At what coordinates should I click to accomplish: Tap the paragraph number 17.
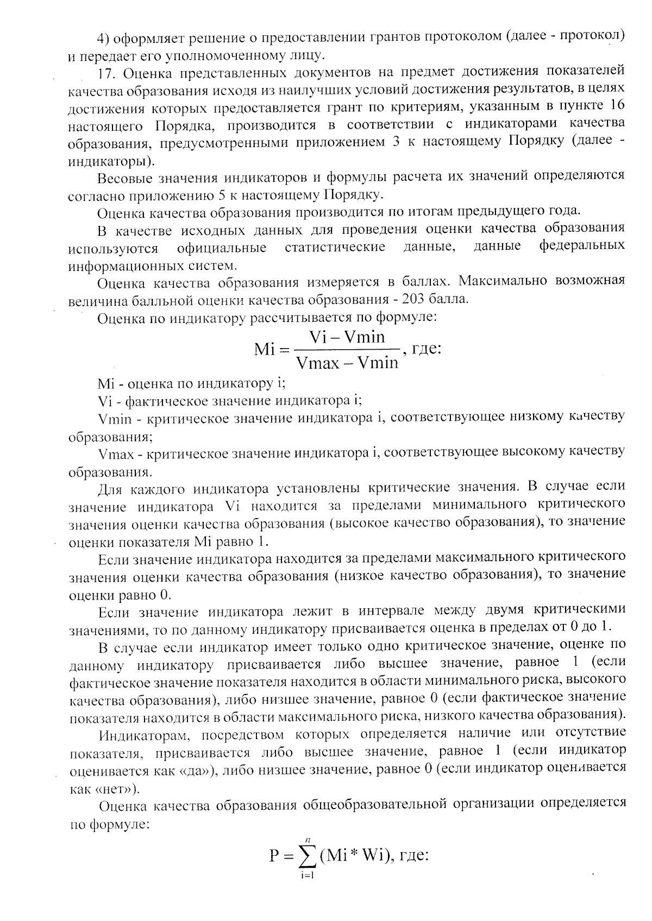[x=108, y=72]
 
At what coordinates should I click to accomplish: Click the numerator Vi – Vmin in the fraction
[x=346, y=337]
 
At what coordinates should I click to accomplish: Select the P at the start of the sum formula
[x=274, y=857]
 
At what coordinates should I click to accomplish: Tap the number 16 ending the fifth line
[x=615, y=107]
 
